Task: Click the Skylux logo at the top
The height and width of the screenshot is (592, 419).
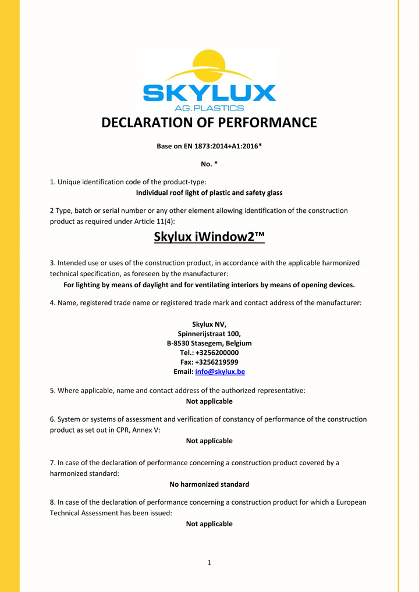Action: [x=210, y=81]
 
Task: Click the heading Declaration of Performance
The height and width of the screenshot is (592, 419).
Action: [x=210, y=123]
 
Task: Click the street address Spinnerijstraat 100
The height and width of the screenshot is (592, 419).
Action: [x=210, y=333]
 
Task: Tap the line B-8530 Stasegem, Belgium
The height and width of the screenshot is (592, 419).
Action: [x=210, y=343]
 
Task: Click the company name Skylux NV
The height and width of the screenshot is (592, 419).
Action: [x=210, y=324]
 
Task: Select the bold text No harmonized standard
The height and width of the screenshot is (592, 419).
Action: [x=210, y=484]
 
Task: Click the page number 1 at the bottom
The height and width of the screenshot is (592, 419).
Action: [x=210, y=562]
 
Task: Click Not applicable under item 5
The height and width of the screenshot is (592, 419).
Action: [x=210, y=401]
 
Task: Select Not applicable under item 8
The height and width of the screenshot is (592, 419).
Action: [x=210, y=524]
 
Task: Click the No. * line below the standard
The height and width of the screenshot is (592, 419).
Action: [x=210, y=164]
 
